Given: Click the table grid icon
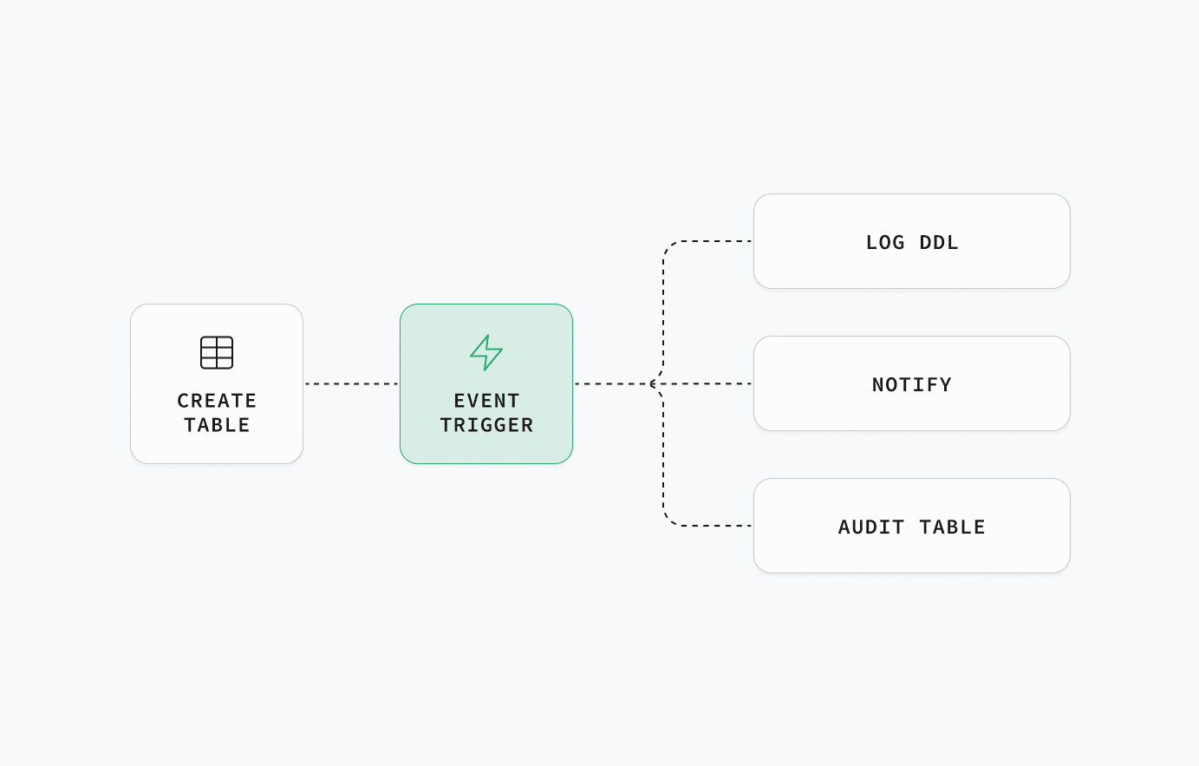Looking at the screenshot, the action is [x=217, y=352].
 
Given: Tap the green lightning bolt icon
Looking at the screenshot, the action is [x=486, y=352].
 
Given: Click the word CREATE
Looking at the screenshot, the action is [x=217, y=401].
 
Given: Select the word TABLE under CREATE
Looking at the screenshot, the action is [x=217, y=425].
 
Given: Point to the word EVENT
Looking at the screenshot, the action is [x=486, y=401].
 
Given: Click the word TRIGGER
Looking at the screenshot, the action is [x=486, y=425].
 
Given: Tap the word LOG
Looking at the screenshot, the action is [x=885, y=243].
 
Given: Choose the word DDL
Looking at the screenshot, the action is [x=939, y=243].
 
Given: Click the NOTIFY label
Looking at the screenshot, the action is [x=912, y=384].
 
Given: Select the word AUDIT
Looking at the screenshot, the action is [x=871, y=527].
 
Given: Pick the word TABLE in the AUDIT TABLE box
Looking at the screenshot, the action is [x=952, y=527].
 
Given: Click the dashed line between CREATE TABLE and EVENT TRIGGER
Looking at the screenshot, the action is [x=352, y=383].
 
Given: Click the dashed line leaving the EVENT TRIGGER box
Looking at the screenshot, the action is [x=613, y=383].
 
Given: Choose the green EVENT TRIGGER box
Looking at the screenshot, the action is [x=486, y=383].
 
